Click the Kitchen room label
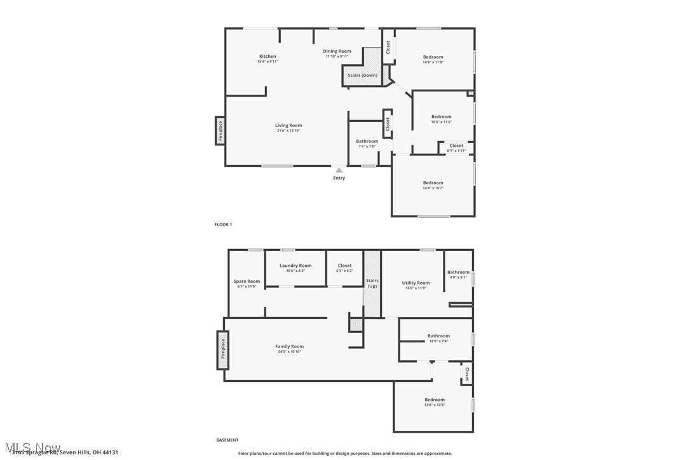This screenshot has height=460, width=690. click(x=267, y=57)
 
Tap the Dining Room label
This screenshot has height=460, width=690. click(x=337, y=51)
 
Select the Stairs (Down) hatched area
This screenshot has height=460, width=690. click(x=363, y=75)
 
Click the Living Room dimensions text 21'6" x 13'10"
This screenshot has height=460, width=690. click(x=288, y=130)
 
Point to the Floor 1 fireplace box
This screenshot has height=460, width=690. click(x=220, y=131)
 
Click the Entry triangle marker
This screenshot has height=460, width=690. click(x=339, y=170)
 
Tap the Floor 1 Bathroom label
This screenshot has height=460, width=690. click(x=367, y=141)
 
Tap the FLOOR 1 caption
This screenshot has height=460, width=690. click(x=223, y=224)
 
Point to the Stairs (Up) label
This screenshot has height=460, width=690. click(x=372, y=283)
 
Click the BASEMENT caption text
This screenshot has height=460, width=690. click(x=227, y=440)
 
